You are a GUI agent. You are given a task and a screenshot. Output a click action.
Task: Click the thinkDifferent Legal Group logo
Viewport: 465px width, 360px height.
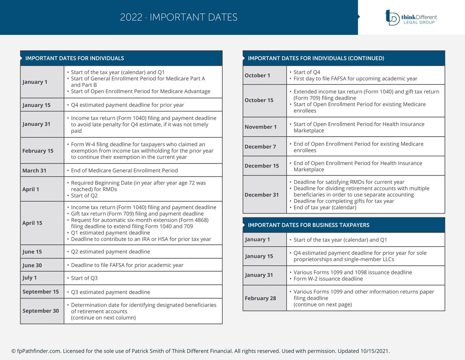coord(411,17)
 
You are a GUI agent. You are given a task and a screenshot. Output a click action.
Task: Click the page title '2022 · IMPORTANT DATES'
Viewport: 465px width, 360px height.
coord(179,17)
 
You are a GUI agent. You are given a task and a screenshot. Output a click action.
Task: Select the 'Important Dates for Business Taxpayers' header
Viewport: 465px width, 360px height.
coord(308,225)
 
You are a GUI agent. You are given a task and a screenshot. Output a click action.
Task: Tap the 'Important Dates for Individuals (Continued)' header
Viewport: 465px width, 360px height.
coord(316,58)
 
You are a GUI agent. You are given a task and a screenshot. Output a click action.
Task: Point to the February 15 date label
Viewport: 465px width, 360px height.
coord(38,151)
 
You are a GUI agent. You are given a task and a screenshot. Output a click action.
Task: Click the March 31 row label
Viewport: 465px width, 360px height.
coord(34,171)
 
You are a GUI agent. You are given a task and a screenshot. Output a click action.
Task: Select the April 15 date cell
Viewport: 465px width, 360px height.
coord(32,223)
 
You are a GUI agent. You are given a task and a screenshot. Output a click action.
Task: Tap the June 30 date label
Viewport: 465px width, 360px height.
coord(32,265)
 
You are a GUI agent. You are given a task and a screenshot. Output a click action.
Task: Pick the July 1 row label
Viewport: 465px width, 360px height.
coord(29,278)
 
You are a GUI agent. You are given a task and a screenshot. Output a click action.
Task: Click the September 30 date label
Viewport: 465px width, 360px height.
coord(41,311)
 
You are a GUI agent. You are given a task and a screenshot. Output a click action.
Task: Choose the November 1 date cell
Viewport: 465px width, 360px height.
coord(260,127)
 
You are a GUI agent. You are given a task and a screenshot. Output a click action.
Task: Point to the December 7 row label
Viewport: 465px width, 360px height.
coord(260,147)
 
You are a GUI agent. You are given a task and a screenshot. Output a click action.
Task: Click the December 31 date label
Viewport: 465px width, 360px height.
coord(262,195)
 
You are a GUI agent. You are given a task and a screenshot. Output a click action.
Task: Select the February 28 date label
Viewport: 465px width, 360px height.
coord(260,298)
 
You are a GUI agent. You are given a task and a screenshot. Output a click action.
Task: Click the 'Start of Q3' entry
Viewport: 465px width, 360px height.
coord(84,278)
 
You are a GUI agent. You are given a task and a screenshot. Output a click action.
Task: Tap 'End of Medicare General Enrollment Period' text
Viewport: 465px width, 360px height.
coord(124,171)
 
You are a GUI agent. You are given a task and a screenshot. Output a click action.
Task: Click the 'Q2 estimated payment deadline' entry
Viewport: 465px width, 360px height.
coord(110,252)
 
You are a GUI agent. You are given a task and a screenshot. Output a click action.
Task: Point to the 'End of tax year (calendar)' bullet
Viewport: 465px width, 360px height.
coord(325,208)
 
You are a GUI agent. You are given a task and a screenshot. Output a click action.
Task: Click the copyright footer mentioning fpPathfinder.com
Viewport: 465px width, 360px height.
coord(201,351)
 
